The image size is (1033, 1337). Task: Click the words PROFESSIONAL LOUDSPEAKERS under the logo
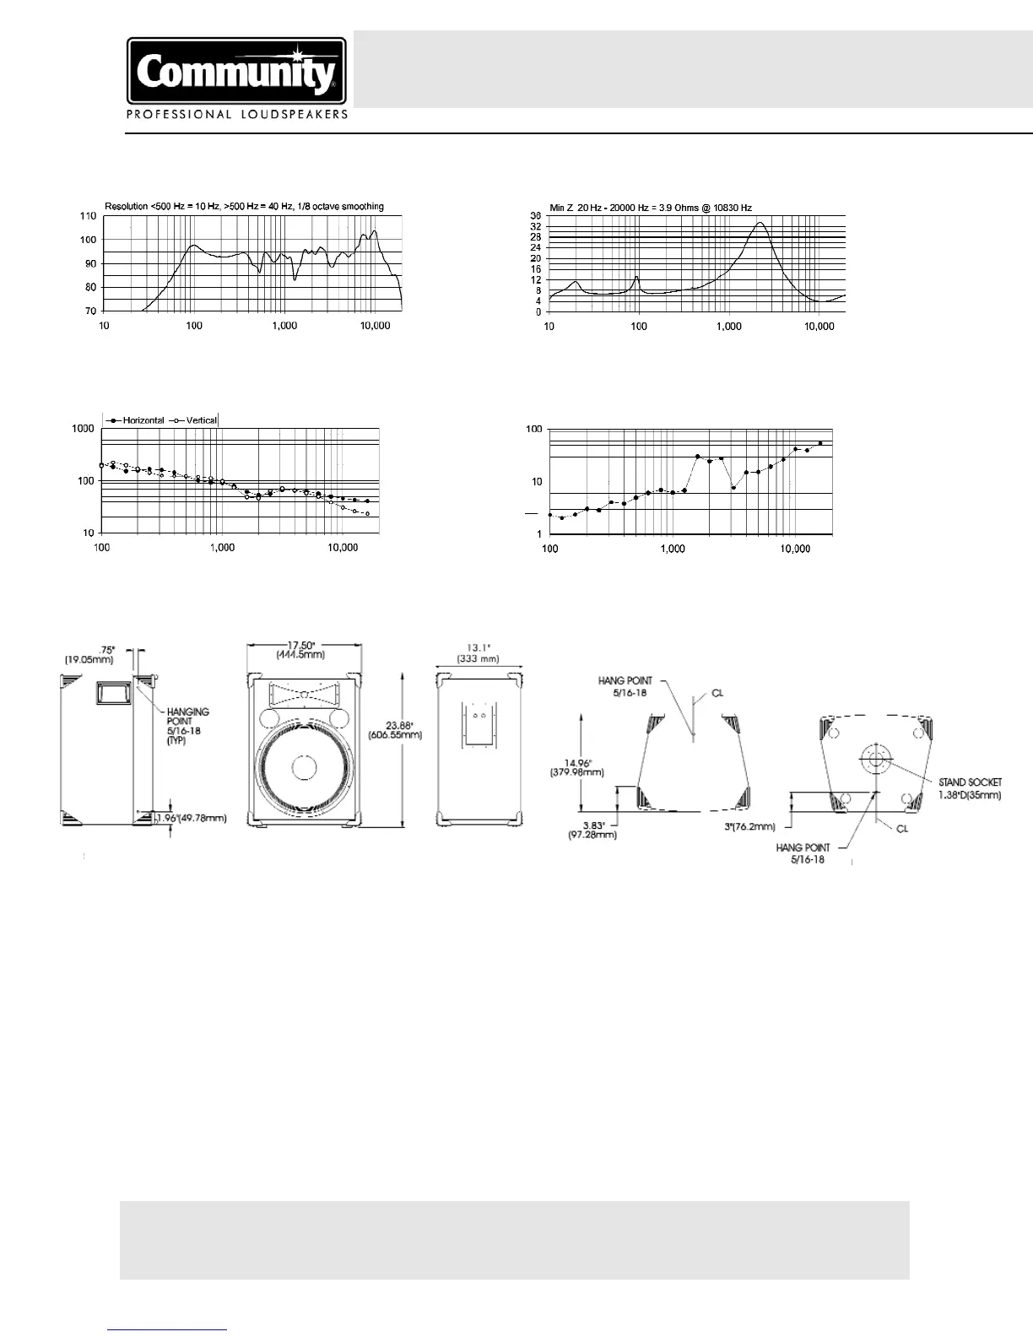(x=236, y=115)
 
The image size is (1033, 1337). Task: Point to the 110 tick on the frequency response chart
(x=88, y=217)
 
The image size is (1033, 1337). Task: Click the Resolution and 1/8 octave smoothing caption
(x=244, y=207)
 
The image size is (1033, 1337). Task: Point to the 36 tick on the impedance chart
(x=535, y=217)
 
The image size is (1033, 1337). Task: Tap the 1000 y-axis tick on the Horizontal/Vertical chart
(x=83, y=429)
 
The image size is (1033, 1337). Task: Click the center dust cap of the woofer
(x=302, y=768)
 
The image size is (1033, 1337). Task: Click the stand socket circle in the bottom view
(x=874, y=758)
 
